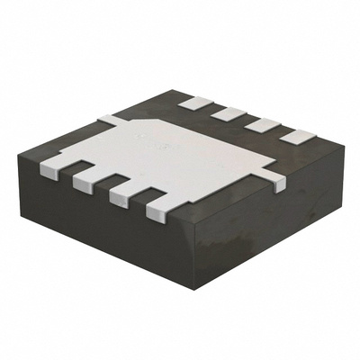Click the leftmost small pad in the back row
pyautogui.click(x=193, y=103)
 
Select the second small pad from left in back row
pyautogui.click(x=229, y=114)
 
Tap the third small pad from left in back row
pyautogui.click(x=262, y=125)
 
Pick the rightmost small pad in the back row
pyautogui.click(x=295, y=136)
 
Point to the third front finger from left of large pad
pyautogui.click(x=122, y=196)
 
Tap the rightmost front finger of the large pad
pyautogui.click(x=158, y=211)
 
